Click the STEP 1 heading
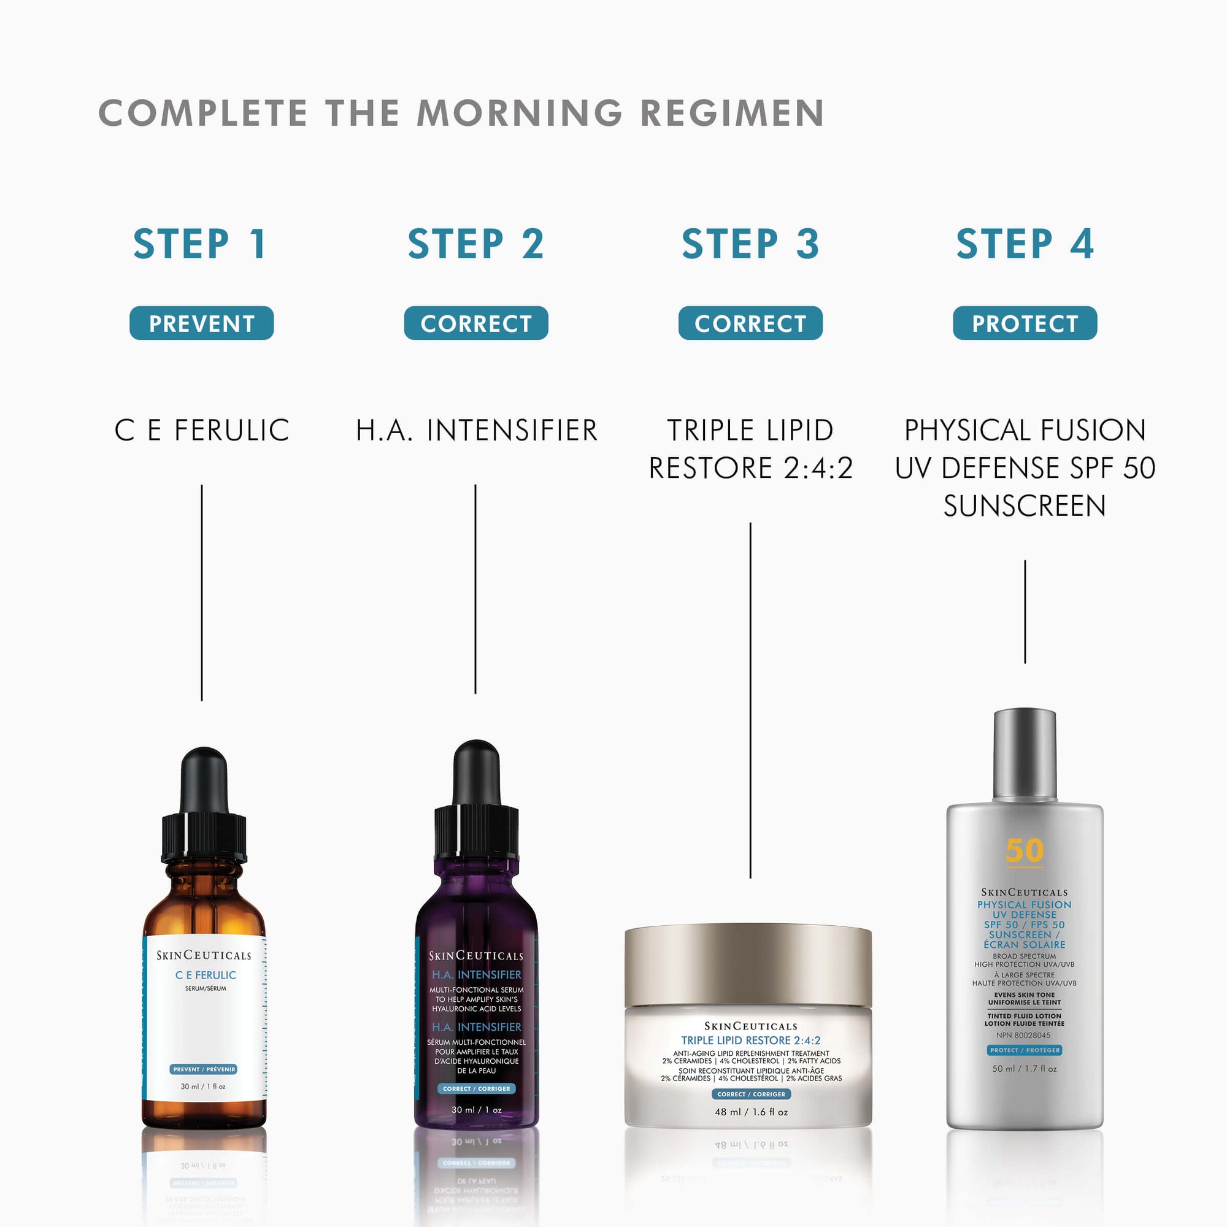(200, 244)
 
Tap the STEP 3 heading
(750, 244)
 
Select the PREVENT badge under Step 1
(201, 323)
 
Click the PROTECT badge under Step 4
(1025, 323)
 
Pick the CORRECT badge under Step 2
(475, 323)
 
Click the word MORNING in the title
(520, 113)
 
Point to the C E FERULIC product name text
(202, 430)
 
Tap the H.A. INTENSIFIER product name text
(476, 430)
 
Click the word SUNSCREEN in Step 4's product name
(1025, 506)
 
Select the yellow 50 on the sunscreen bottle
(1025, 850)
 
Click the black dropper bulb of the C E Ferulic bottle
(204, 780)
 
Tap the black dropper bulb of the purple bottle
(476, 772)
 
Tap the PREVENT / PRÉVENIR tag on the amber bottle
(204, 1069)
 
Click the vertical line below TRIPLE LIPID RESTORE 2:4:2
(750, 699)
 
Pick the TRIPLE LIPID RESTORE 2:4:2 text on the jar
(751, 1040)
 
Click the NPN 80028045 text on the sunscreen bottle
(1023, 1035)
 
